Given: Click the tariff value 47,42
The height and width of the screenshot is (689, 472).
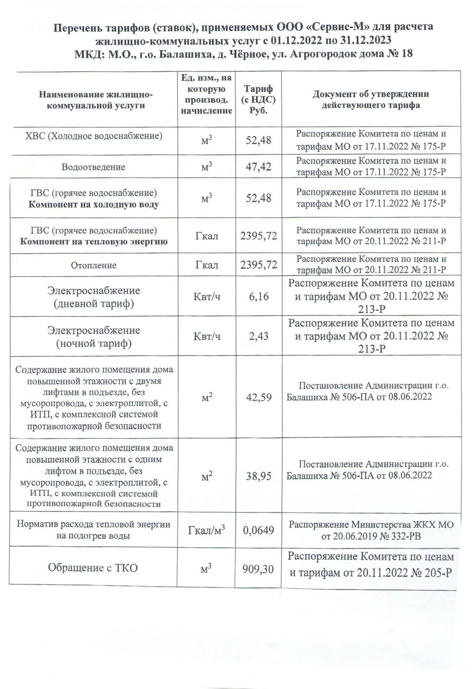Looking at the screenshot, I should point(258,167).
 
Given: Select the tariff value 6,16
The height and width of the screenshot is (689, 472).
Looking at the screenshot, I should point(258,297).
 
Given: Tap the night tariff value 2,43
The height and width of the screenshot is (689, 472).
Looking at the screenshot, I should point(258,337).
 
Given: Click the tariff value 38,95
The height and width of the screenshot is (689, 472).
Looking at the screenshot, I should point(258,477).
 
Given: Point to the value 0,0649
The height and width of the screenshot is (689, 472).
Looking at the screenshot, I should point(258,530).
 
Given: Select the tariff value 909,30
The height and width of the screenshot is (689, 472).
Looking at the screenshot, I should point(258,569).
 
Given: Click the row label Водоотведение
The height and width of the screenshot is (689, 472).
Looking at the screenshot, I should point(93,167).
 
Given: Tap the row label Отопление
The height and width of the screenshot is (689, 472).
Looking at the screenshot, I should point(93,266).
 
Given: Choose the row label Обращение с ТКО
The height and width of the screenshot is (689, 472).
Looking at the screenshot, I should point(93,568).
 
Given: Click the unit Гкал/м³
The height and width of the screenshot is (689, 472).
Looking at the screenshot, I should point(206,530).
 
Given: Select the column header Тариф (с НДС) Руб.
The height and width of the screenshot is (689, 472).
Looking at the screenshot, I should point(258,99).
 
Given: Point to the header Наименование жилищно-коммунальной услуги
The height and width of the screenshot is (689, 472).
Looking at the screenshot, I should point(96,100).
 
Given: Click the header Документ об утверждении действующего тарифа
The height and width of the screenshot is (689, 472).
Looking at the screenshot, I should point(371,99).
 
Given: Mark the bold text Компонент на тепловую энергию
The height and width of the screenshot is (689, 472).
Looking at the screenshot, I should point(93,242).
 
